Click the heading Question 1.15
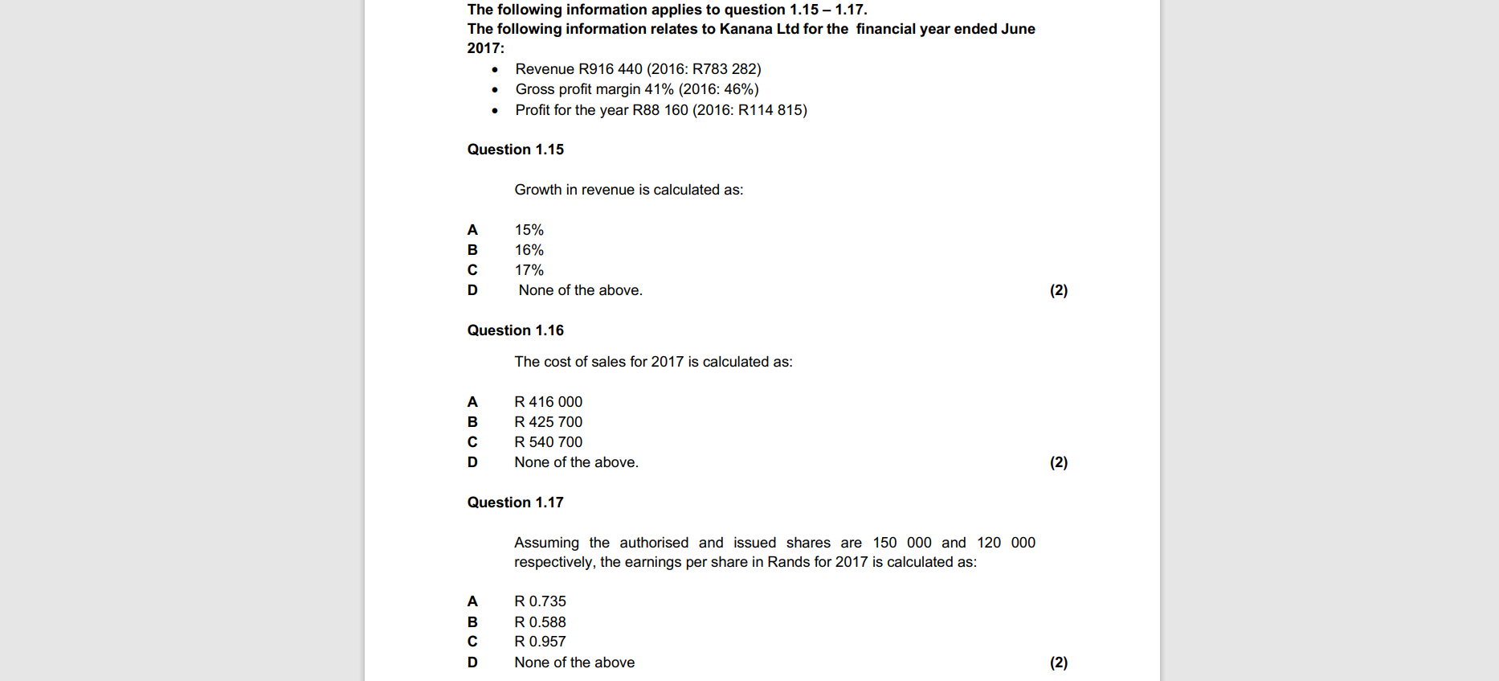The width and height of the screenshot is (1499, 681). click(x=515, y=150)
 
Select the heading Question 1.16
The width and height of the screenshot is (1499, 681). click(x=515, y=330)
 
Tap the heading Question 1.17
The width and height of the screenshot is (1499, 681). click(x=515, y=503)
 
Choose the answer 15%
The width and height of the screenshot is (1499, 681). click(x=529, y=230)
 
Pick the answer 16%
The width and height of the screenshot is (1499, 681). click(x=529, y=250)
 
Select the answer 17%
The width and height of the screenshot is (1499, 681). click(x=529, y=270)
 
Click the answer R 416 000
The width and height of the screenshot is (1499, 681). click(x=548, y=402)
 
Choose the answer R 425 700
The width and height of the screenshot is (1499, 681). click(x=548, y=422)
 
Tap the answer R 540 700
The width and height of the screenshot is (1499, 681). click(x=548, y=442)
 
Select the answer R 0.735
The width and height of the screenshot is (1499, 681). click(x=540, y=601)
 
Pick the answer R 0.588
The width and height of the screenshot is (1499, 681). click(x=540, y=622)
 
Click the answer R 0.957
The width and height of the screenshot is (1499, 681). click(x=540, y=642)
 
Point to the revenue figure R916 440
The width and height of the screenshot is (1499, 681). click(x=611, y=69)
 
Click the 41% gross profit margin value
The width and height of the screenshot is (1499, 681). click(x=659, y=89)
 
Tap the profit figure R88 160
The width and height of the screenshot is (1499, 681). click(x=660, y=110)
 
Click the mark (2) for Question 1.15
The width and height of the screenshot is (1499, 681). click(x=1058, y=290)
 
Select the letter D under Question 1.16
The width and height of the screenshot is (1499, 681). click(x=472, y=462)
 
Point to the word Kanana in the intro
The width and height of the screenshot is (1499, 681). click(x=745, y=29)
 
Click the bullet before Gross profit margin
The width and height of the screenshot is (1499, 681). click(x=495, y=90)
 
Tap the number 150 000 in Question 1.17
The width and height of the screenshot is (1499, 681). click(x=902, y=543)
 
